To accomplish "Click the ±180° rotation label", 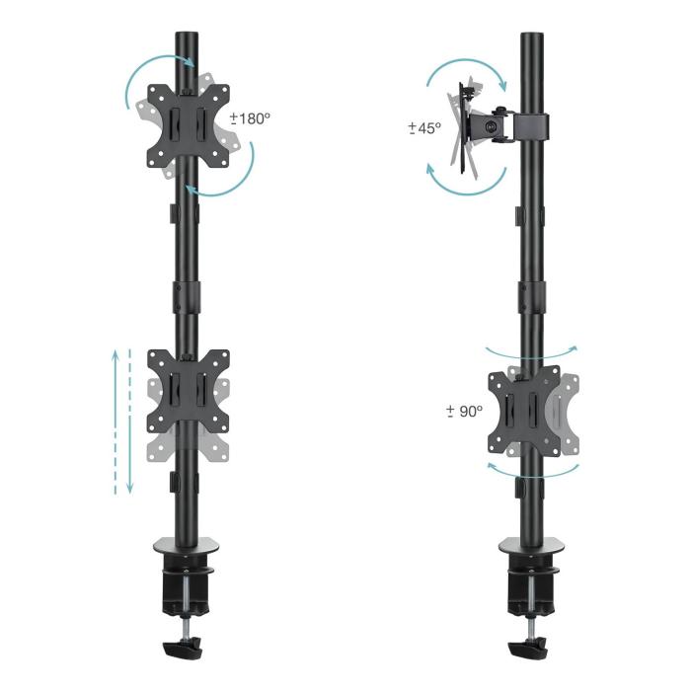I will coord(251,118).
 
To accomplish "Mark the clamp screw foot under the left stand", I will coord(184,653).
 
